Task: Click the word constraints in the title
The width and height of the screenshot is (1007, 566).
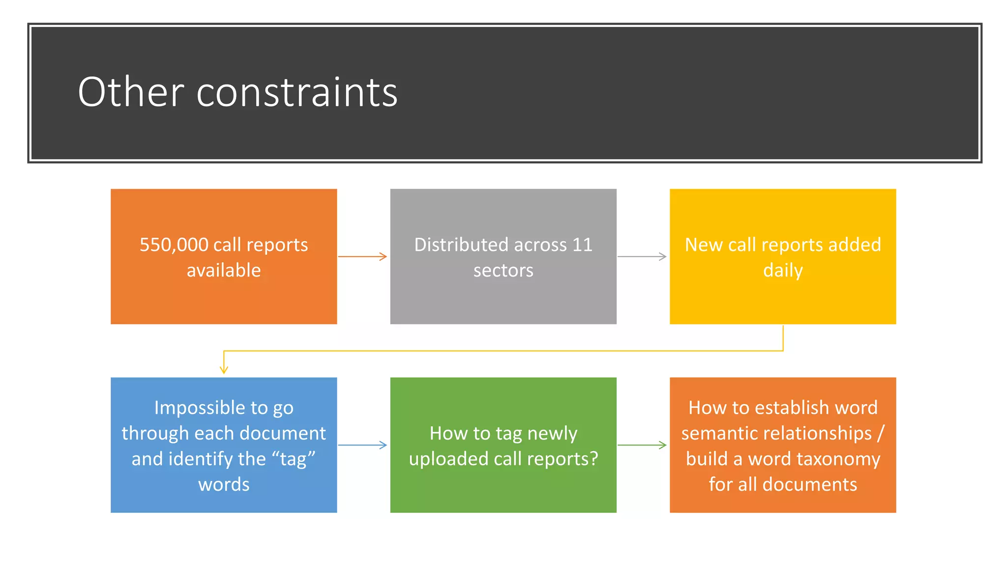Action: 297,93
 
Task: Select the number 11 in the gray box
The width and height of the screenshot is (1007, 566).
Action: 582,245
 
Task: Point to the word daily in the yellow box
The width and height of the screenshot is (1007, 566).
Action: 783,271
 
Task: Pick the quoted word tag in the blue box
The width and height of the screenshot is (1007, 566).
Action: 294,459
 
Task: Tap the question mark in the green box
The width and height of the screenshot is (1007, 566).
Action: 593,459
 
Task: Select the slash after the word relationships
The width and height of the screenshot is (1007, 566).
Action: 880,433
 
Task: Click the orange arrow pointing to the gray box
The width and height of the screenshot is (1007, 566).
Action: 363,256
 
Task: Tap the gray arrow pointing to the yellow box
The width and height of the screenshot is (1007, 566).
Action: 642,256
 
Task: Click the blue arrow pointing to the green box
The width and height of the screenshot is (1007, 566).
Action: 363,445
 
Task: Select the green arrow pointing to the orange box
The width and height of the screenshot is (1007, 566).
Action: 642,445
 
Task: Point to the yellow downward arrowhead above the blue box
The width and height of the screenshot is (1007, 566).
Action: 224,369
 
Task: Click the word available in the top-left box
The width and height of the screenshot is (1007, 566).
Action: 224,270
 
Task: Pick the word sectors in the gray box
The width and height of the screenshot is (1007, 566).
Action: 503,270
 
